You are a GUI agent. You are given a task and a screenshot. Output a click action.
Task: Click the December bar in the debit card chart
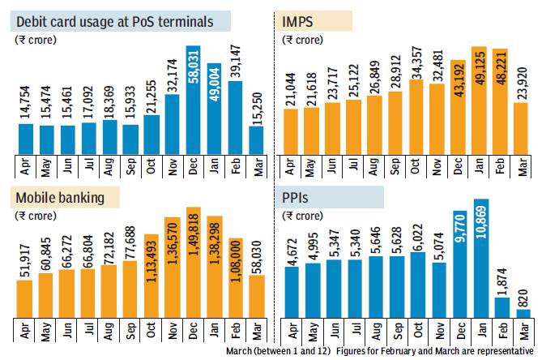click(194, 101)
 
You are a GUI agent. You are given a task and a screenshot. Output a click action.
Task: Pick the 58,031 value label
click(194, 76)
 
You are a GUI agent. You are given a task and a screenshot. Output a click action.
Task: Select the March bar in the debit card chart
click(256, 139)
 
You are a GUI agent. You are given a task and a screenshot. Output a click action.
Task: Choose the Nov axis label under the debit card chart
click(173, 165)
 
